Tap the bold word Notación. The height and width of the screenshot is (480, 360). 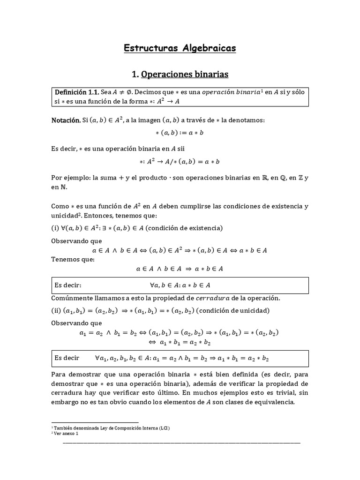tap(66, 120)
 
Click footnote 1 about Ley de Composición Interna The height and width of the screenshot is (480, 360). tap(111, 428)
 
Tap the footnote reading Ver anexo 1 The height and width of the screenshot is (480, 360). tap(66, 434)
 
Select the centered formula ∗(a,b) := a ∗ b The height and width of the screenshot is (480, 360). tap(180, 133)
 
